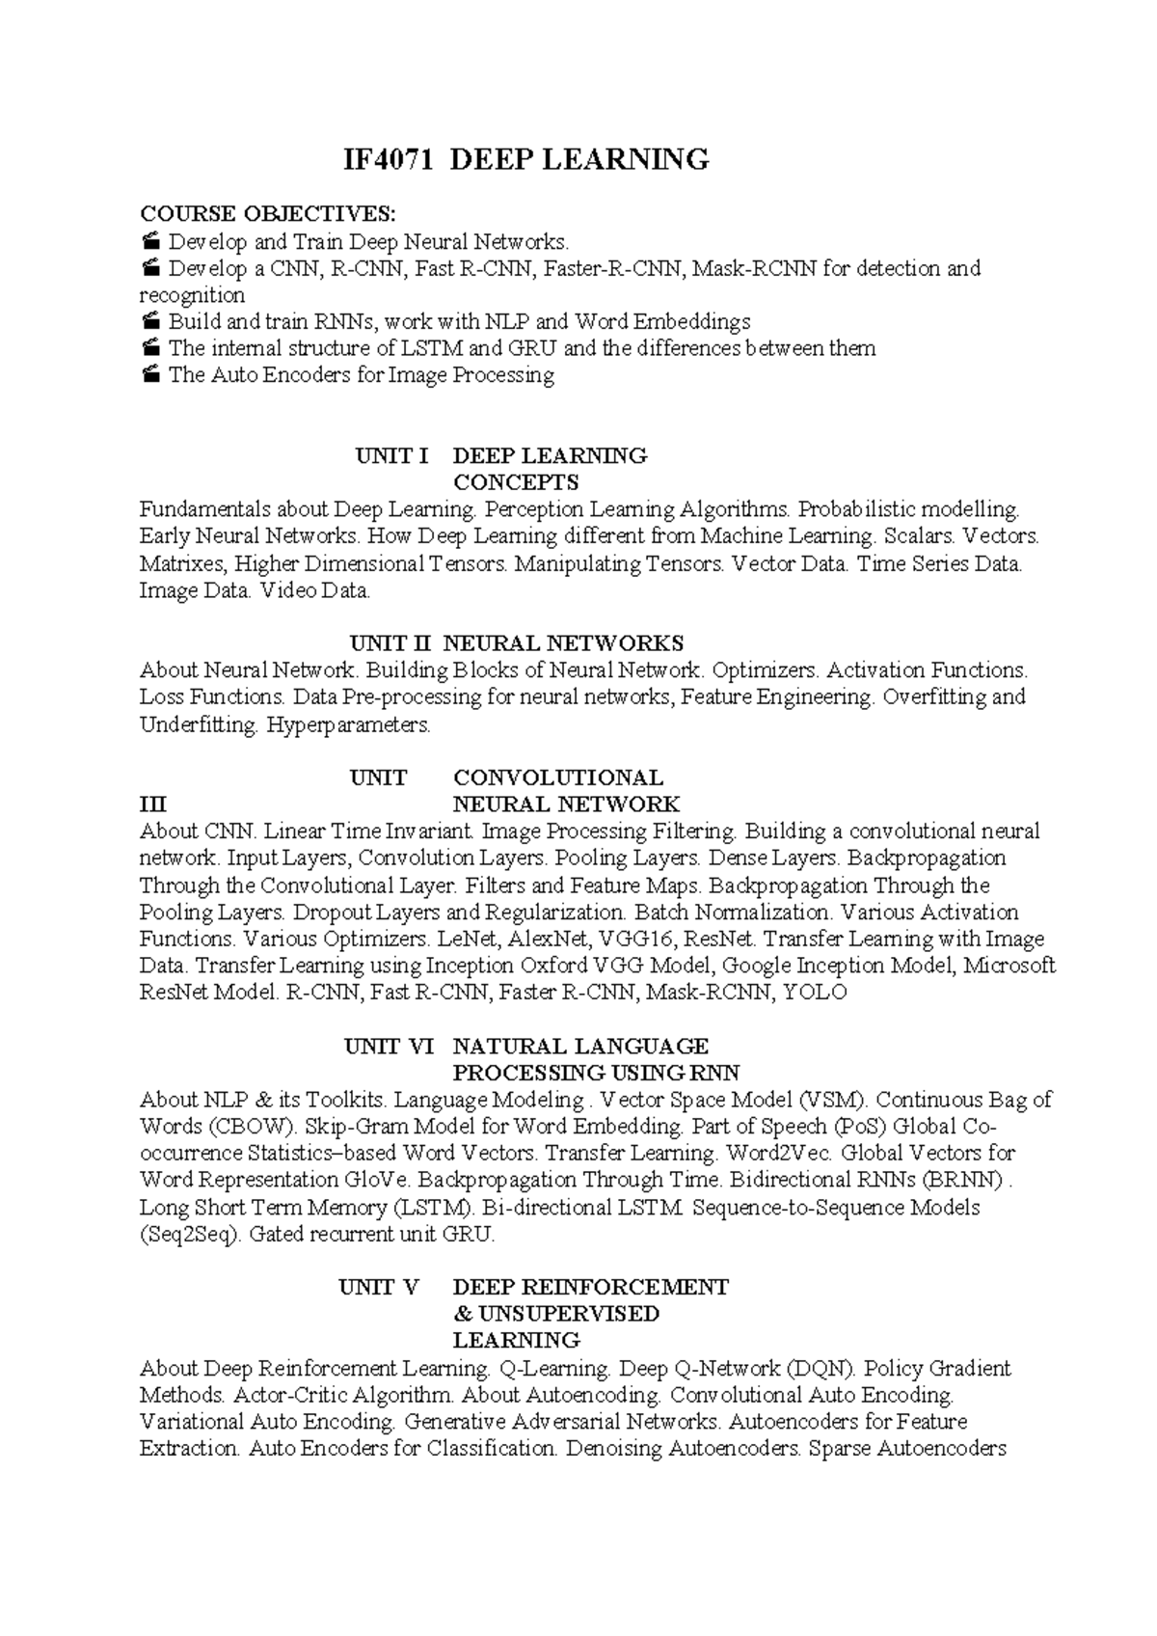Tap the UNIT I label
click(391, 455)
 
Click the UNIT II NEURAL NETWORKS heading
click(516, 643)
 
